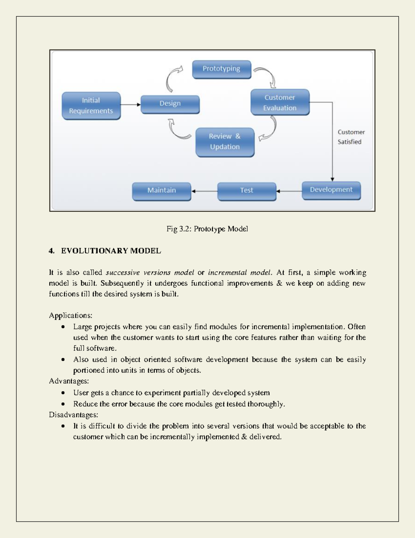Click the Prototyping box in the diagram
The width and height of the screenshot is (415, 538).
(x=221, y=69)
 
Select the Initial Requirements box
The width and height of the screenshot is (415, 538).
(x=91, y=106)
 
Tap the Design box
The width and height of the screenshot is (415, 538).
(x=170, y=104)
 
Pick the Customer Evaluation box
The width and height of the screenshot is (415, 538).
(x=280, y=103)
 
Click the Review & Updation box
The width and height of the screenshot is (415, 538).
(x=225, y=142)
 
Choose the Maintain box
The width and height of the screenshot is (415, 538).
(x=162, y=191)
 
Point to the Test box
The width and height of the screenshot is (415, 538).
(x=247, y=191)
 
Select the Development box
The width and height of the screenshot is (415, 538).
(x=331, y=190)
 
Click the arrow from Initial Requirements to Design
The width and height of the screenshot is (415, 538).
(x=130, y=105)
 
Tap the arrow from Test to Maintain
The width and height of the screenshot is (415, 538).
(x=204, y=191)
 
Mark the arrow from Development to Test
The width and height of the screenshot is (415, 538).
(x=289, y=191)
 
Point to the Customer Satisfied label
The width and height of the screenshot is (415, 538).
(x=351, y=137)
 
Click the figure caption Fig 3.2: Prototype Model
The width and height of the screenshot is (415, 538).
(x=207, y=229)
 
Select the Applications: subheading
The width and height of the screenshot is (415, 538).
(x=71, y=316)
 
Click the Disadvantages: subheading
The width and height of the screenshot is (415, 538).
(x=73, y=415)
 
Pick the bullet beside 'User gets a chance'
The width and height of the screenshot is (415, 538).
(x=63, y=393)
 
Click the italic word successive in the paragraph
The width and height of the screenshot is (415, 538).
(x=123, y=273)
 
